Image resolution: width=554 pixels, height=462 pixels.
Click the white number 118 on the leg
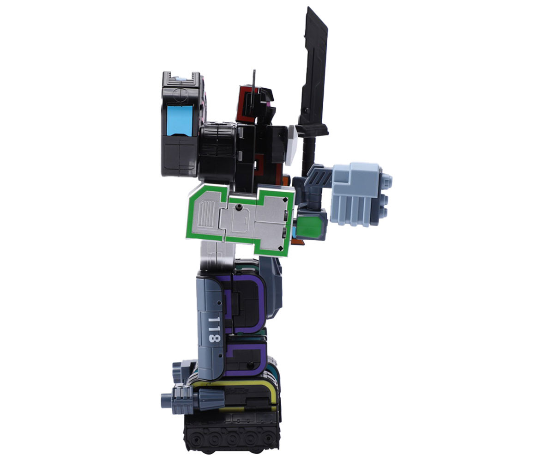(x=214, y=329)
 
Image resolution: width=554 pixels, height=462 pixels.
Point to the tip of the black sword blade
(x=308, y=7)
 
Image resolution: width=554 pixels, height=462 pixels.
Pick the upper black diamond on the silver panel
(x=285, y=200)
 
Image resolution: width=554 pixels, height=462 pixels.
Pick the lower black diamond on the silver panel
(x=280, y=248)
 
